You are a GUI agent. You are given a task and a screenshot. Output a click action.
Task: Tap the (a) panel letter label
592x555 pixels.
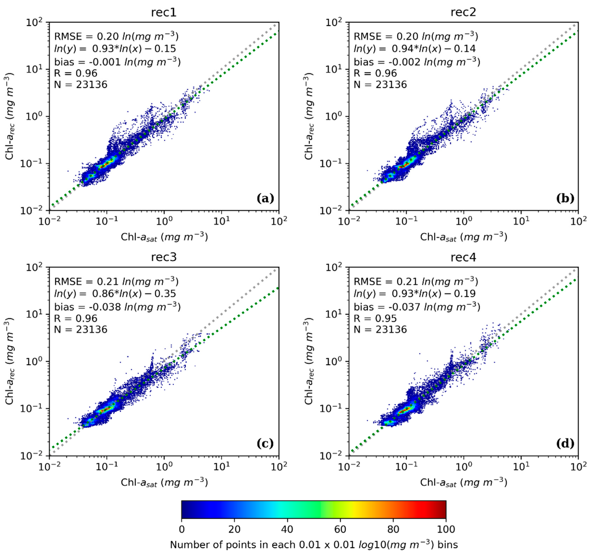tap(265, 198)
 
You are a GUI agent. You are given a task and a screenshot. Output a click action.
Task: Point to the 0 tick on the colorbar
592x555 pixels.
tap(182, 529)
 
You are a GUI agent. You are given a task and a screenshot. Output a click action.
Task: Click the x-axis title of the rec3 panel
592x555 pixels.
tap(164, 482)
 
